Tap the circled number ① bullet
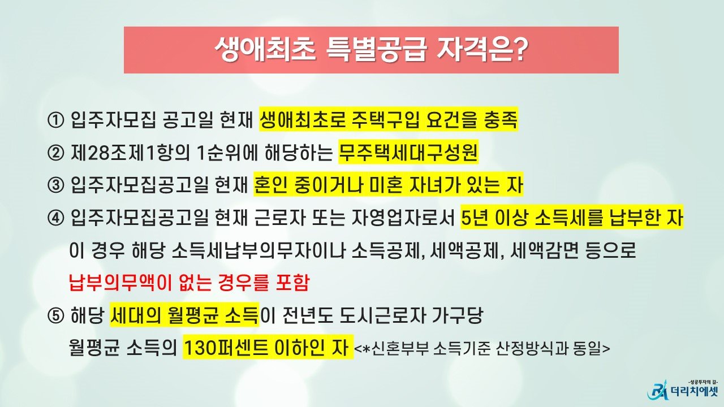tap(55, 120)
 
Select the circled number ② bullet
tap(55, 153)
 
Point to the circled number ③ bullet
tap(55, 185)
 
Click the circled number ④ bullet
tap(55, 218)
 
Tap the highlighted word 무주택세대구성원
tap(408, 153)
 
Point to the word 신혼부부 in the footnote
tap(400, 348)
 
